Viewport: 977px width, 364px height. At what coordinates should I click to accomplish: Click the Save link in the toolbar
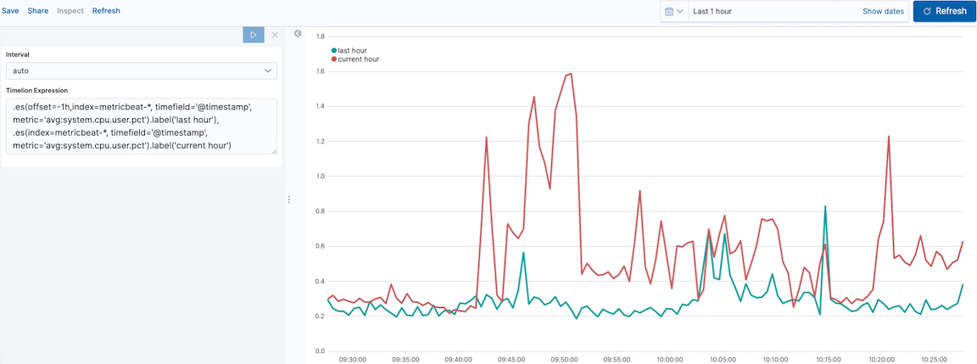(10, 11)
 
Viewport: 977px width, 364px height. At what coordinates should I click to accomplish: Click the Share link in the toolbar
(38, 11)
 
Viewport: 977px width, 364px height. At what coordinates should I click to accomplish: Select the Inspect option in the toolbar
(70, 11)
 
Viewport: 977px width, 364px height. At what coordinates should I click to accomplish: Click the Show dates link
(883, 11)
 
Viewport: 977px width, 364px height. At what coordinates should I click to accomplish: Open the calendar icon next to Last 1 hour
(674, 11)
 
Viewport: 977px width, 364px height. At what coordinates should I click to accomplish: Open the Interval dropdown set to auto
(141, 71)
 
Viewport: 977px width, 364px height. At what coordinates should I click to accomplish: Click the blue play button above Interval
(254, 35)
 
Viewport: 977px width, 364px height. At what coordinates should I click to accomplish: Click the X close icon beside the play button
(275, 35)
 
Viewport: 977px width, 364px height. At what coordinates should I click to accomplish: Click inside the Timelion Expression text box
(141, 126)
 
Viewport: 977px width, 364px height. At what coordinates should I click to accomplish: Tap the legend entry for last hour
(349, 51)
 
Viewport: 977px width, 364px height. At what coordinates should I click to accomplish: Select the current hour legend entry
(355, 59)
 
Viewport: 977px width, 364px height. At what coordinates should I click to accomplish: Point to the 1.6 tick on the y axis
(320, 72)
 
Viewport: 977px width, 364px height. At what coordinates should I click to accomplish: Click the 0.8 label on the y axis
(320, 211)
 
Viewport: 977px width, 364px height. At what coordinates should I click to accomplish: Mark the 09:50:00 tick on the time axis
(563, 359)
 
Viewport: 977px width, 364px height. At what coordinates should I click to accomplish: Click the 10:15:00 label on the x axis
(827, 359)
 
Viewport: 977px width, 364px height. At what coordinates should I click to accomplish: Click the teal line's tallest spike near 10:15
(825, 206)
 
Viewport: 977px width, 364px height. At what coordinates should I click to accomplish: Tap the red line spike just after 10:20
(889, 136)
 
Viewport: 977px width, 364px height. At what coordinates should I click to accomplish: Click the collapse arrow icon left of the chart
(298, 34)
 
